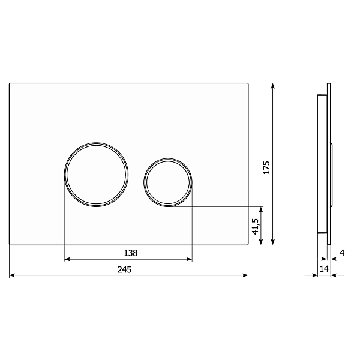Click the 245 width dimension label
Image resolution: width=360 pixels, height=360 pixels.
[124, 269]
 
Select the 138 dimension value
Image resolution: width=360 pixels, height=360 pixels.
[131, 253]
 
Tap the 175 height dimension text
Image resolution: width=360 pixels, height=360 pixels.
[266, 167]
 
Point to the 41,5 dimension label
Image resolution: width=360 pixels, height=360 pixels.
[256, 226]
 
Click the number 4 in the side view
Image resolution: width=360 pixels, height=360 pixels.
[342, 253]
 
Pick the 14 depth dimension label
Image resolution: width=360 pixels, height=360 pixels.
[324, 268]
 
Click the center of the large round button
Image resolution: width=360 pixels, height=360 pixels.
[96, 175]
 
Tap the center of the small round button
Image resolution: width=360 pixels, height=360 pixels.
[168, 182]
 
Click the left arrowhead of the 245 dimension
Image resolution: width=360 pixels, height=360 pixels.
[12, 275]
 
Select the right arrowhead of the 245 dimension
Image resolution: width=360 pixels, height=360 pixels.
[245, 275]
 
